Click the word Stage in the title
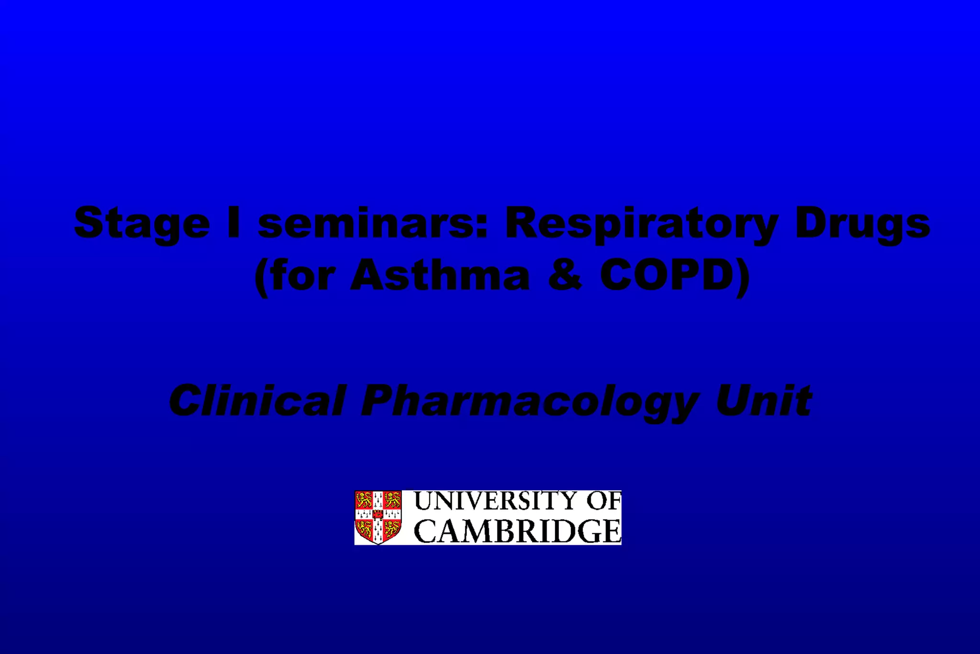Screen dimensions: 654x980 pos(142,223)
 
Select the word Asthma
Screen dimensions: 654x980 pos(440,275)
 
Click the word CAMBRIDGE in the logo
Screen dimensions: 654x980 pos(517,531)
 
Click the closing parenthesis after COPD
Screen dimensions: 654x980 pos(742,277)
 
